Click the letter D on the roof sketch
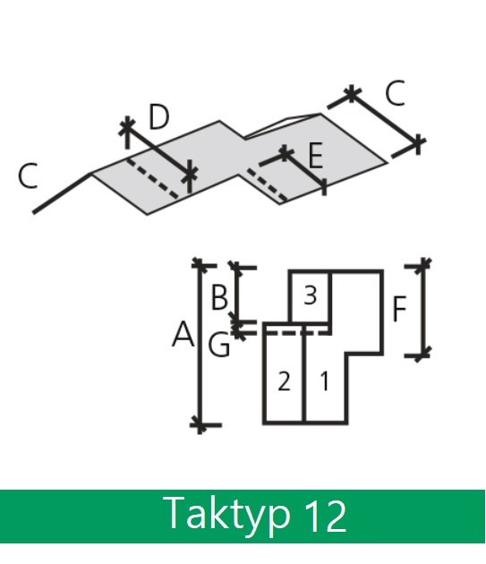point(158,116)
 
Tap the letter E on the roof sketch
point(316,156)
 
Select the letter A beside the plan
point(183,334)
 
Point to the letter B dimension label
point(219,297)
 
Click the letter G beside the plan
point(218,345)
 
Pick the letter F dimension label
point(399,309)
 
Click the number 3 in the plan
point(310,295)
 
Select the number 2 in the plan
point(284,381)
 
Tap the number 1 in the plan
point(325,381)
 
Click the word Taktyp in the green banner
point(226,515)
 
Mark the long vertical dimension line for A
point(200,346)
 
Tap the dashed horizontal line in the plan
point(298,333)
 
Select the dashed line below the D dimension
point(152,178)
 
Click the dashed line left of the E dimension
point(267,184)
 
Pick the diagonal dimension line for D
point(158,150)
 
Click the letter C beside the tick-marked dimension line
point(395,93)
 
